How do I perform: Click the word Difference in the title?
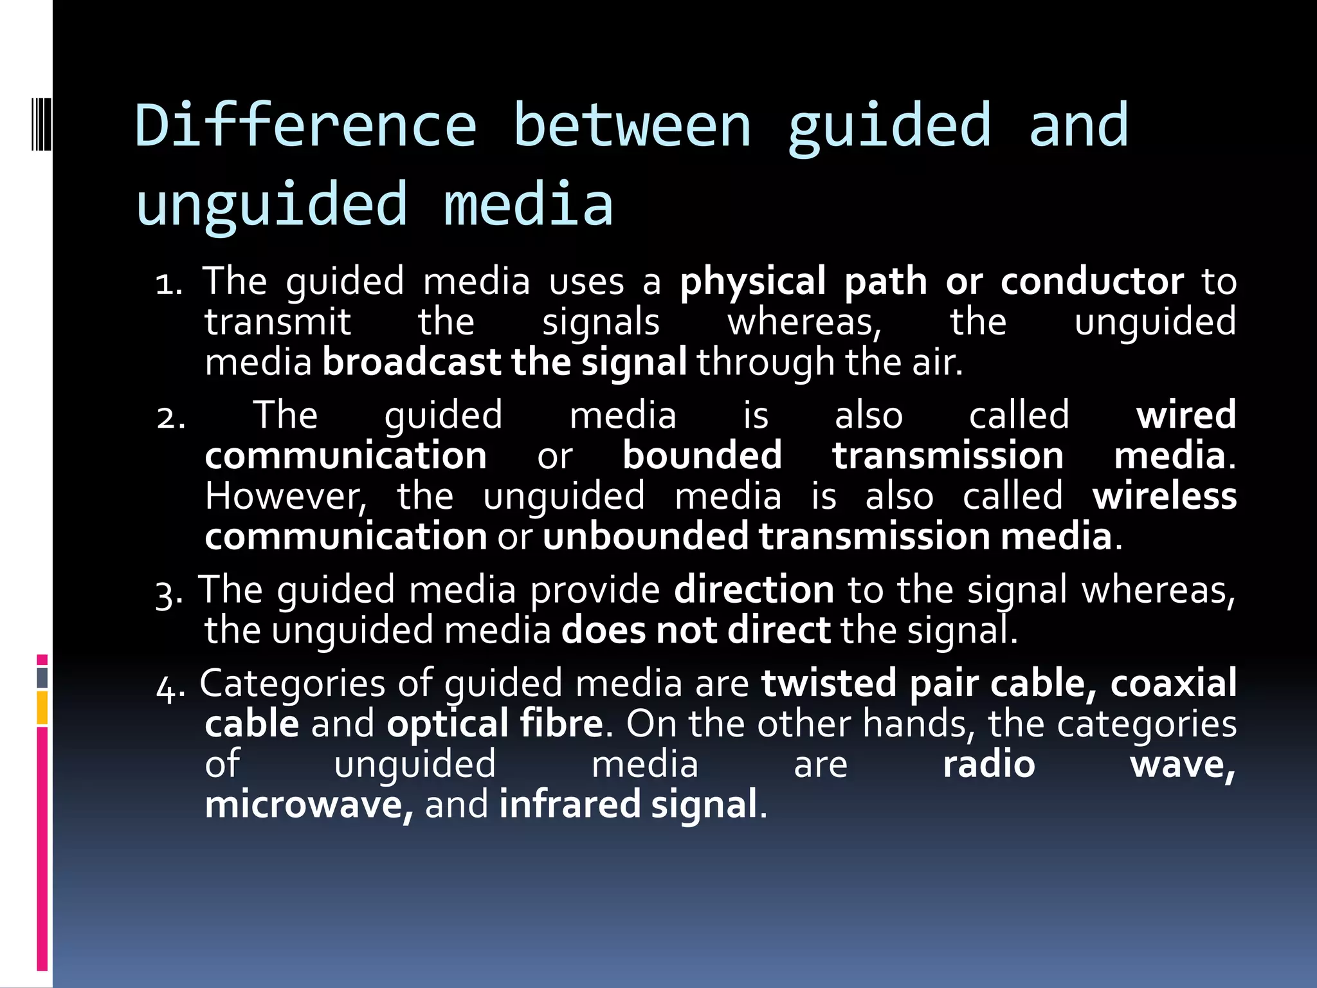[306, 126]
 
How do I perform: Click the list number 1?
[169, 284]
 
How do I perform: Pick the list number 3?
[169, 593]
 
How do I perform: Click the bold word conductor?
[1091, 282]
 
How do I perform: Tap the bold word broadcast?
[412, 362]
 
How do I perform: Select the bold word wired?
[1186, 415]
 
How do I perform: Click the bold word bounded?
[702, 455]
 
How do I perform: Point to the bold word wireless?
[1164, 496]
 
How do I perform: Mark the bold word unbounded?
[645, 536]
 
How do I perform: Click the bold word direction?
[754, 590]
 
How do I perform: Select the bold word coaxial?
[1173, 683]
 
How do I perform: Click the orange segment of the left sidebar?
[42, 708]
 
